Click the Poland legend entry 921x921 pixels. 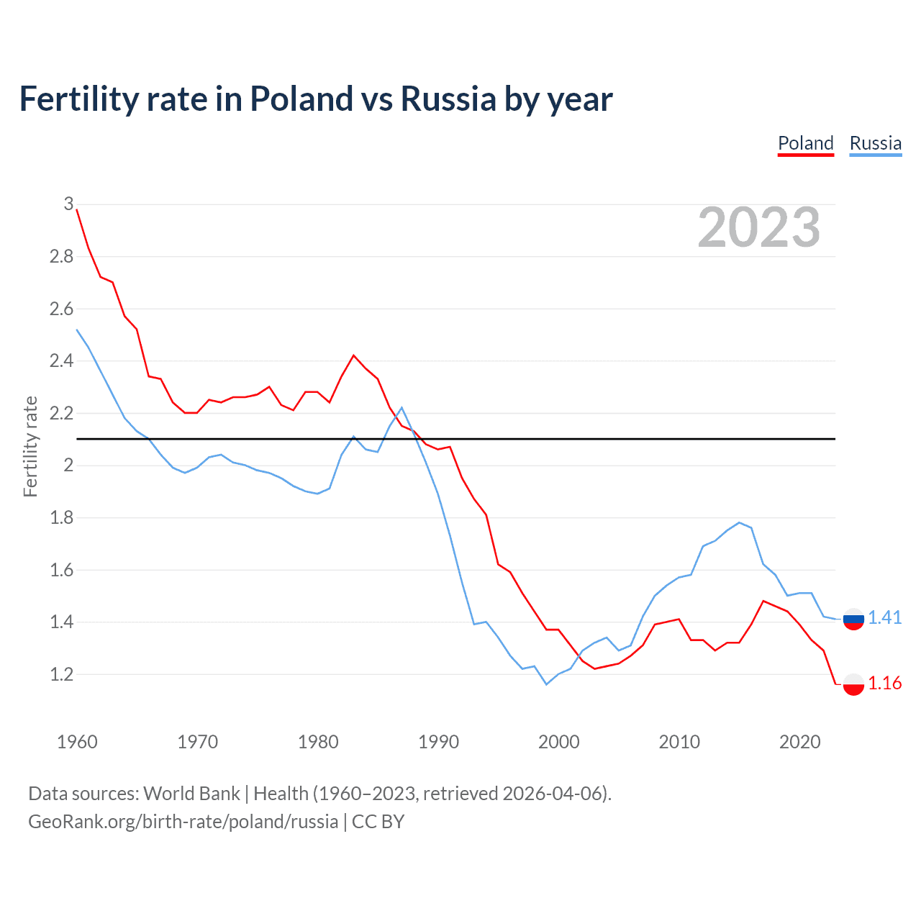(805, 143)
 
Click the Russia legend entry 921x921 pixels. (875, 143)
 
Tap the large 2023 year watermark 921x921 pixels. (758, 227)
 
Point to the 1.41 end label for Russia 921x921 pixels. (884, 617)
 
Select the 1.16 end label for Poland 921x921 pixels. (884, 683)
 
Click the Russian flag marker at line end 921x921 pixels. (853, 619)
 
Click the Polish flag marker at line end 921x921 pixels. (853, 684)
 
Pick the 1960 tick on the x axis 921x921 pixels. (77, 742)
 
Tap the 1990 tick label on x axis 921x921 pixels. (438, 742)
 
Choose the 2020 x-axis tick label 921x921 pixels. (799, 742)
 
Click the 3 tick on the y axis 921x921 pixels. (68, 204)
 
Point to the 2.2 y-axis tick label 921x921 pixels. (62, 413)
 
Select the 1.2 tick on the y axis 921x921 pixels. (62, 674)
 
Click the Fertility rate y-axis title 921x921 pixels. (30, 446)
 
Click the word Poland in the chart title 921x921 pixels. (301, 99)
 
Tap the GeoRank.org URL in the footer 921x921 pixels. (183, 822)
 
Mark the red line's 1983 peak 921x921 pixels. (353, 355)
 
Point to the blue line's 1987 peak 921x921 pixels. (401, 408)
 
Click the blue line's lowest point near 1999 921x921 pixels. (546, 684)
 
